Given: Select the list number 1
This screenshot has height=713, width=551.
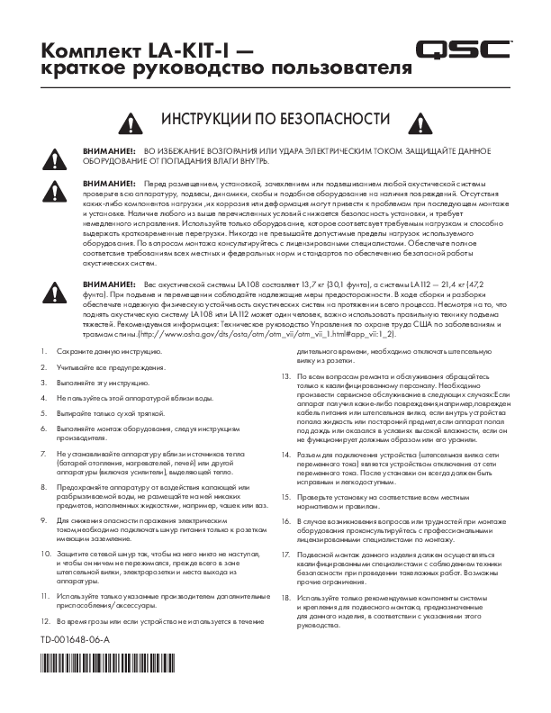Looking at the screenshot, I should [x=43, y=348].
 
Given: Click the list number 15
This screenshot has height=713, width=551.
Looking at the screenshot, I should [x=285, y=496].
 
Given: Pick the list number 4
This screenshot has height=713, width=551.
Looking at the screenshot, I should [x=43, y=397].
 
